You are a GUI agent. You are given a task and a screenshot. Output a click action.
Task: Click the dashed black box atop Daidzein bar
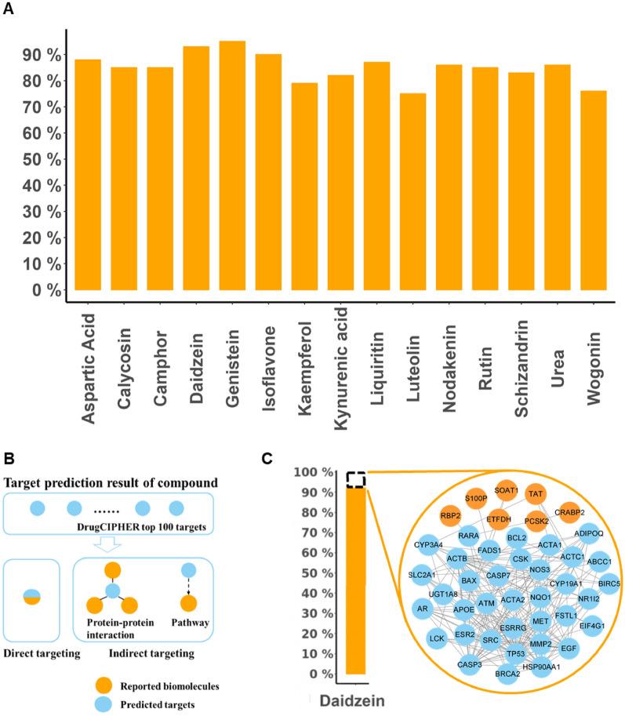(x=355, y=479)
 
